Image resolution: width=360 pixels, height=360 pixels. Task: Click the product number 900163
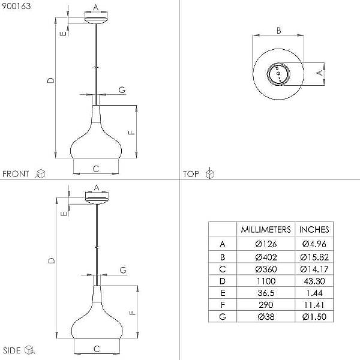(16, 6)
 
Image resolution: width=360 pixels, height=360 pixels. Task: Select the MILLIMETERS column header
(266, 230)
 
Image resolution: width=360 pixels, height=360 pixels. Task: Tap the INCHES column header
(314, 230)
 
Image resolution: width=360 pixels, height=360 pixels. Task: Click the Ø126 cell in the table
(266, 244)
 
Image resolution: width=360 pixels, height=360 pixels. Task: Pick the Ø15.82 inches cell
(314, 257)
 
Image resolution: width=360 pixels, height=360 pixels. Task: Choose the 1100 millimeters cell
(266, 281)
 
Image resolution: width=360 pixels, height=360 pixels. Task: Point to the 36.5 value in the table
(266, 293)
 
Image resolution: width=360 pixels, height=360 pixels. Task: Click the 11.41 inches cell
(314, 305)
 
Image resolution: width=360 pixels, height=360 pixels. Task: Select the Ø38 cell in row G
(266, 317)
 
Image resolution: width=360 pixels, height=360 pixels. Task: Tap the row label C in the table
(223, 269)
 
